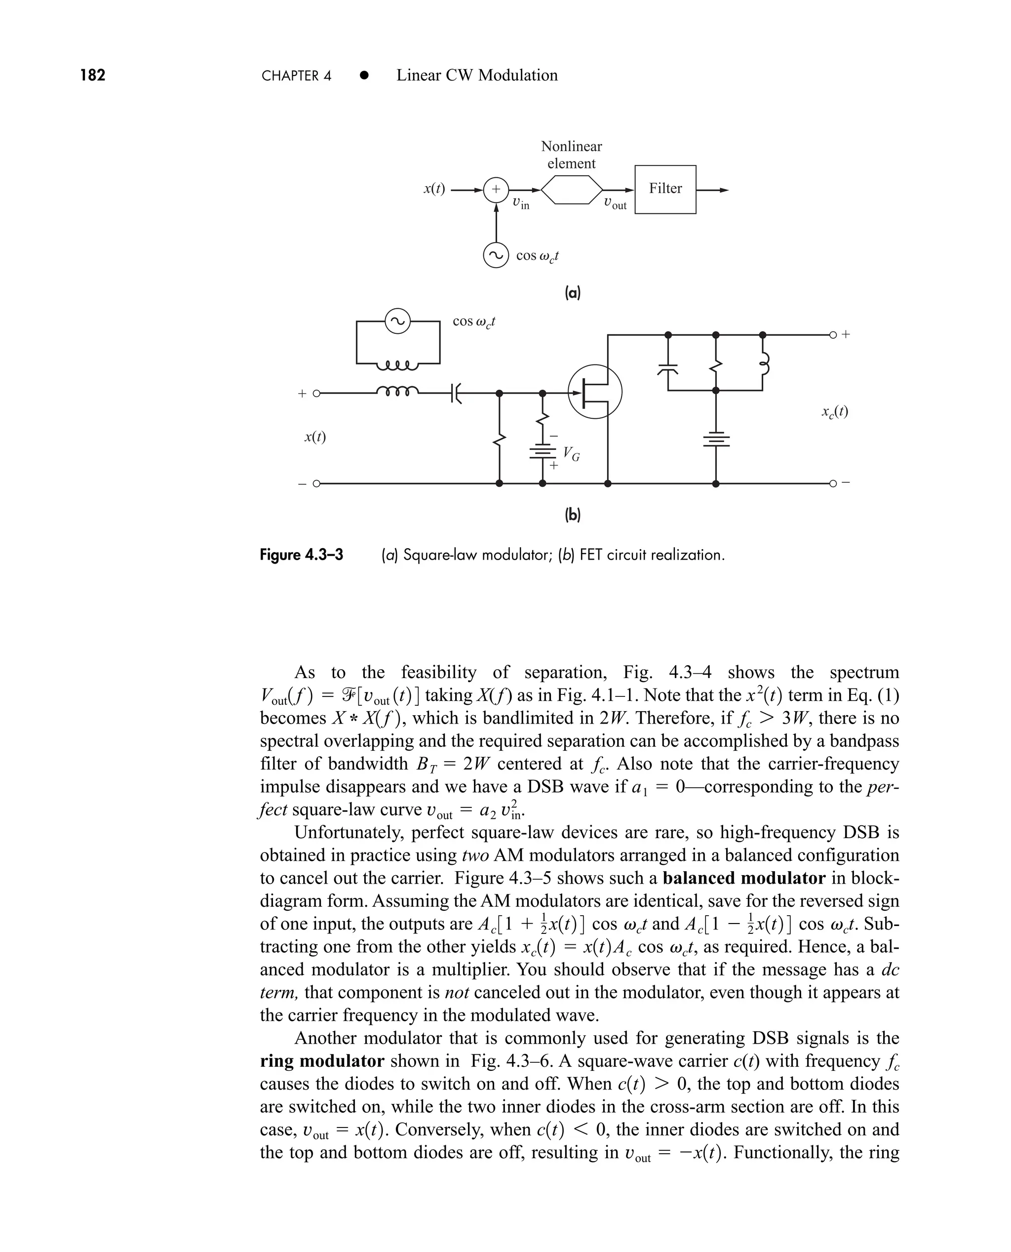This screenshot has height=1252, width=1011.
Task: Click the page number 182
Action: (93, 75)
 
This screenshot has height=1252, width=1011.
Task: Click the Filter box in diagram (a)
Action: (665, 189)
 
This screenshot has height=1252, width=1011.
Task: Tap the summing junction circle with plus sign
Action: (496, 189)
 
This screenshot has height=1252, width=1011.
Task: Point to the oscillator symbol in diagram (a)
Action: (496, 256)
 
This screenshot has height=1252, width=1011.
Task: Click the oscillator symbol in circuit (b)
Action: (398, 321)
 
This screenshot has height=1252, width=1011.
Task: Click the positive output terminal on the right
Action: (833, 335)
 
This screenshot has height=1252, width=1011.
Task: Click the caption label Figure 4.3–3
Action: (301, 555)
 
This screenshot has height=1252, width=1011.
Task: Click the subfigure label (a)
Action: (573, 292)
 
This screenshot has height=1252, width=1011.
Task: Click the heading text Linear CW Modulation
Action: (476, 75)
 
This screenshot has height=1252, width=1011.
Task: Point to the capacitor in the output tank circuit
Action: (668, 369)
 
